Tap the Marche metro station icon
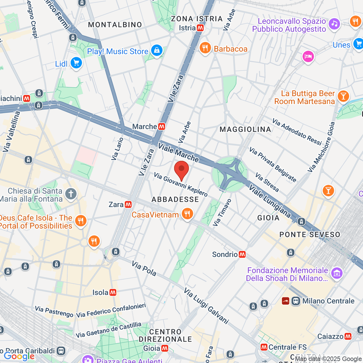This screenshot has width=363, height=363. [x=162, y=126]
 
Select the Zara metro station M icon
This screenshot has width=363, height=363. [x=128, y=204]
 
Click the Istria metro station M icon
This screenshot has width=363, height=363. [x=200, y=28]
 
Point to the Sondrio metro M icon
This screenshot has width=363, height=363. [x=242, y=254]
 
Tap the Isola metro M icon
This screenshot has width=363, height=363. [x=113, y=293]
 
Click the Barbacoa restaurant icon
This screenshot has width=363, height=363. [x=205, y=48]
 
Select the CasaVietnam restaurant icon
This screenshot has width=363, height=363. [x=187, y=214]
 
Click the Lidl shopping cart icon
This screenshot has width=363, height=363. [x=76, y=63]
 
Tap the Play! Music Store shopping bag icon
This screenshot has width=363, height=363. [x=157, y=51]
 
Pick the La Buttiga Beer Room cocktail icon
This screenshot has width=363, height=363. [x=343, y=96]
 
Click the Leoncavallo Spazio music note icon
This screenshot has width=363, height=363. [x=334, y=24]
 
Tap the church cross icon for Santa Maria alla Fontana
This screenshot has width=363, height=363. [x=71, y=194]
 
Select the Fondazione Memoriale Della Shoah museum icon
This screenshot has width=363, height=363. [x=336, y=273]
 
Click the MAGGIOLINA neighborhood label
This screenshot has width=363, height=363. [x=245, y=129]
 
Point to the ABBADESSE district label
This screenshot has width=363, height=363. [x=175, y=199]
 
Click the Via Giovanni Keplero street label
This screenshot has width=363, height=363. [x=181, y=184]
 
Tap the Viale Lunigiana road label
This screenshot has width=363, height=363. [x=270, y=201]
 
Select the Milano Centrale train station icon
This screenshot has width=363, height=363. [x=296, y=301]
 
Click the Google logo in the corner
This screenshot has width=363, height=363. [x=19, y=356]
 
